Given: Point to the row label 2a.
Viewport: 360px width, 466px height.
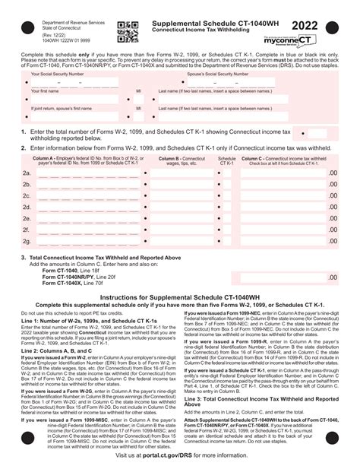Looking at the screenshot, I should (27, 173).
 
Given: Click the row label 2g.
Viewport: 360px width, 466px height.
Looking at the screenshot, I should (27, 241).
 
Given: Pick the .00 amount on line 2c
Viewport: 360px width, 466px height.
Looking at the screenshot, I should (332, 196).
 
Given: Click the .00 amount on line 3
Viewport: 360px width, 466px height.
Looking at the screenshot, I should (332, 278).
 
